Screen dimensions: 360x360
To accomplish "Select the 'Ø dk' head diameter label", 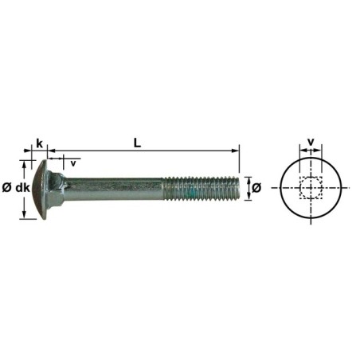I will pyautogui.click(x=16, y=187).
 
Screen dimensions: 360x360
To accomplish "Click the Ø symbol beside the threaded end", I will pyautogui.click(x=256, y=188).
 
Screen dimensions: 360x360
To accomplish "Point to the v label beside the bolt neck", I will pyautogui.click(x=73, y=162).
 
